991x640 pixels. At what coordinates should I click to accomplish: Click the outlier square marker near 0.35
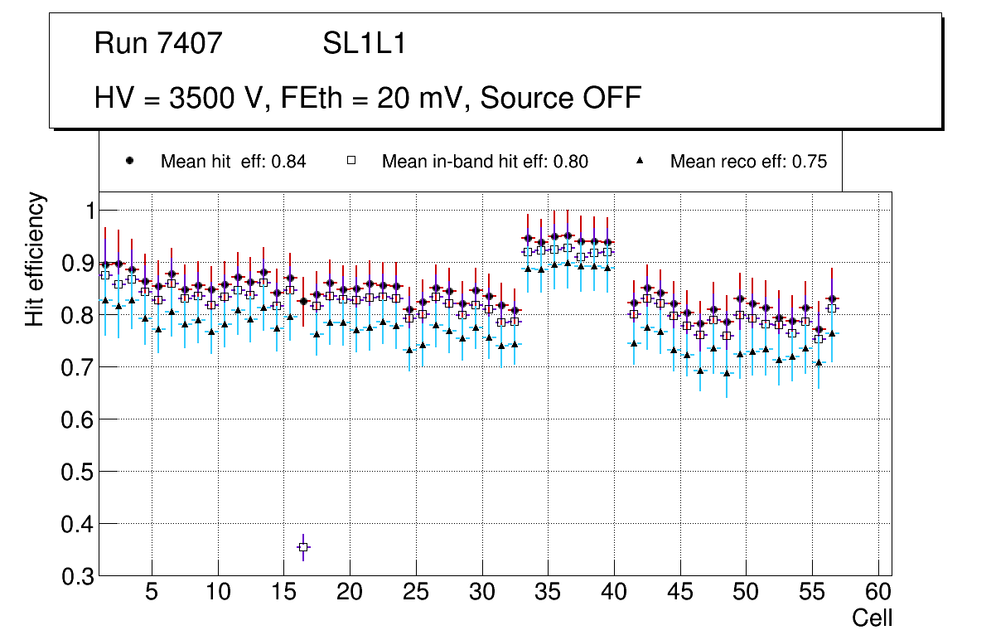pyautogui.click(x=303, y=547)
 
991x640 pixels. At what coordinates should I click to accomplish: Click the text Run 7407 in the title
pyautogui.click(x=158, y=43)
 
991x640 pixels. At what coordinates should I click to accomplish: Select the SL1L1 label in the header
pyautogui.click(x=365, y=43)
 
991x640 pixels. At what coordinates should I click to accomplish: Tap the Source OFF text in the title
pyautogui.click(x=561, y=98)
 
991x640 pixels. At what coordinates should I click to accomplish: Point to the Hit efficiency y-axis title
pyautogui.click(x=35, y=259)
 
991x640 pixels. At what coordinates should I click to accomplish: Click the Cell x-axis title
pyautogui.click(x=872, y=618)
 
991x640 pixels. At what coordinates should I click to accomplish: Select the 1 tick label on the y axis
pyautogui.click(x=82, y=211)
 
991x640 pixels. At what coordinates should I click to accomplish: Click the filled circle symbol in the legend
pyautogui.click(x=130, y=161)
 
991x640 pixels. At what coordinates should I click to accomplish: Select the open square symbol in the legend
pyautogui.click(x=350, y=161)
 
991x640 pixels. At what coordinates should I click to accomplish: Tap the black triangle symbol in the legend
pyautogui.click(x=641, y=161)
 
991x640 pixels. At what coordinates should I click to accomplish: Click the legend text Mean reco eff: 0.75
pyautogui.click(x=748, y=162)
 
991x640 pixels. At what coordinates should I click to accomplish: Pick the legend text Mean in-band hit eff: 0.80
pyautogui.click(x=485, y=162)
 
